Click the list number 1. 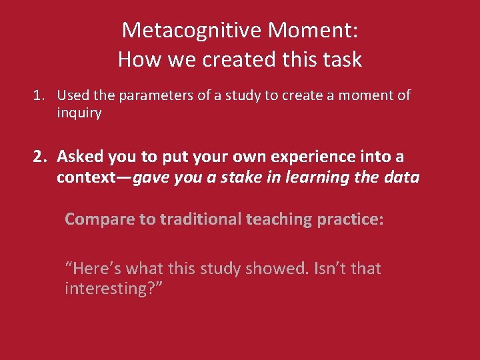click(x=39, y=95)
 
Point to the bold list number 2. click(x=40, y=157)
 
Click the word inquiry click(x=79, y=113)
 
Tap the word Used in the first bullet click(x=72, y=95)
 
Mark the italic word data click(x=403, y=178)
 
